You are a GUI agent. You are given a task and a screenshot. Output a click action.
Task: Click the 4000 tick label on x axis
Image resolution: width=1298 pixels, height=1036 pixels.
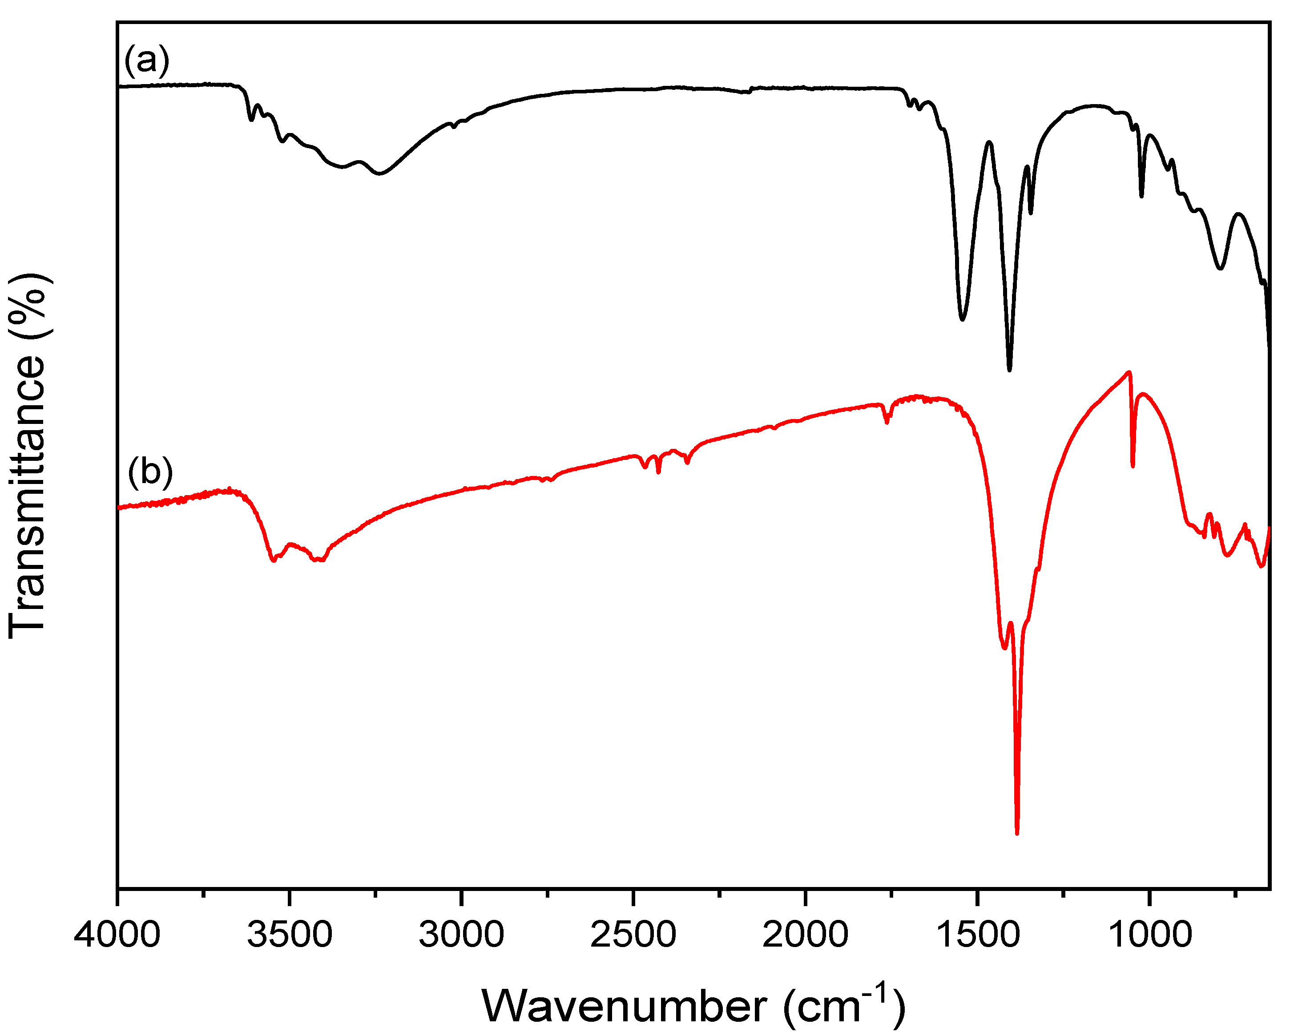(x=117, y=935)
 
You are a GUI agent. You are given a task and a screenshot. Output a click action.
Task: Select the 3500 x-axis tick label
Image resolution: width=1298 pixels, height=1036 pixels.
(x=290, y=935)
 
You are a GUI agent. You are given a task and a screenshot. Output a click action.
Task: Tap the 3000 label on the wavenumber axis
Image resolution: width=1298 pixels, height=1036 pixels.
(x=461, y=935)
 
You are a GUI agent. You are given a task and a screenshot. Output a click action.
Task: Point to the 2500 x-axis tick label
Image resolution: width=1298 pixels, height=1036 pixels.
(x=633, y=935)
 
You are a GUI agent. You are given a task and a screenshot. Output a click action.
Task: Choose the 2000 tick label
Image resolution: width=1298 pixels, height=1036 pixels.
(x=805, y=935)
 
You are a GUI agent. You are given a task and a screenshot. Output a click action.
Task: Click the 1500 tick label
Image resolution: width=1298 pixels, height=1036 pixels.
(x=977, y=935)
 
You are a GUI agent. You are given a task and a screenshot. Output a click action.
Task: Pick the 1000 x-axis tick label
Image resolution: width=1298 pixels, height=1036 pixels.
(x=1149, y=935)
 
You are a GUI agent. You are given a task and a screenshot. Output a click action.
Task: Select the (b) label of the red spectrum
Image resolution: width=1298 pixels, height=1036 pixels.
(x=150, y=472)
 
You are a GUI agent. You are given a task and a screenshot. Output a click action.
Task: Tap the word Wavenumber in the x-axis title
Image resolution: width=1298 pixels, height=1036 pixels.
(x=625, y=1007)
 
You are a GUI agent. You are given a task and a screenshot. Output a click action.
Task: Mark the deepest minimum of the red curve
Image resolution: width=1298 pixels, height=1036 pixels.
(x=1017, y=833)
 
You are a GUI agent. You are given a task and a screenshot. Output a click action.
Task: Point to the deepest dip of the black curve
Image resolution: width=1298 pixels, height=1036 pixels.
(x=1009, y=370)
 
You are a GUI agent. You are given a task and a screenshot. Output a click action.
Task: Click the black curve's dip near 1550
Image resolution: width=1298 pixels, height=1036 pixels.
(x=962, y=319)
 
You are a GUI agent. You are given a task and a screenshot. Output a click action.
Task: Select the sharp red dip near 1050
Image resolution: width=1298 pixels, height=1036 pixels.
(x=1133, y=465)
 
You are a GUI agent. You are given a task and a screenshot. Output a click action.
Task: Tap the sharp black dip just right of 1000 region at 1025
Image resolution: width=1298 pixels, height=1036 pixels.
(x=1141, y=196)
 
